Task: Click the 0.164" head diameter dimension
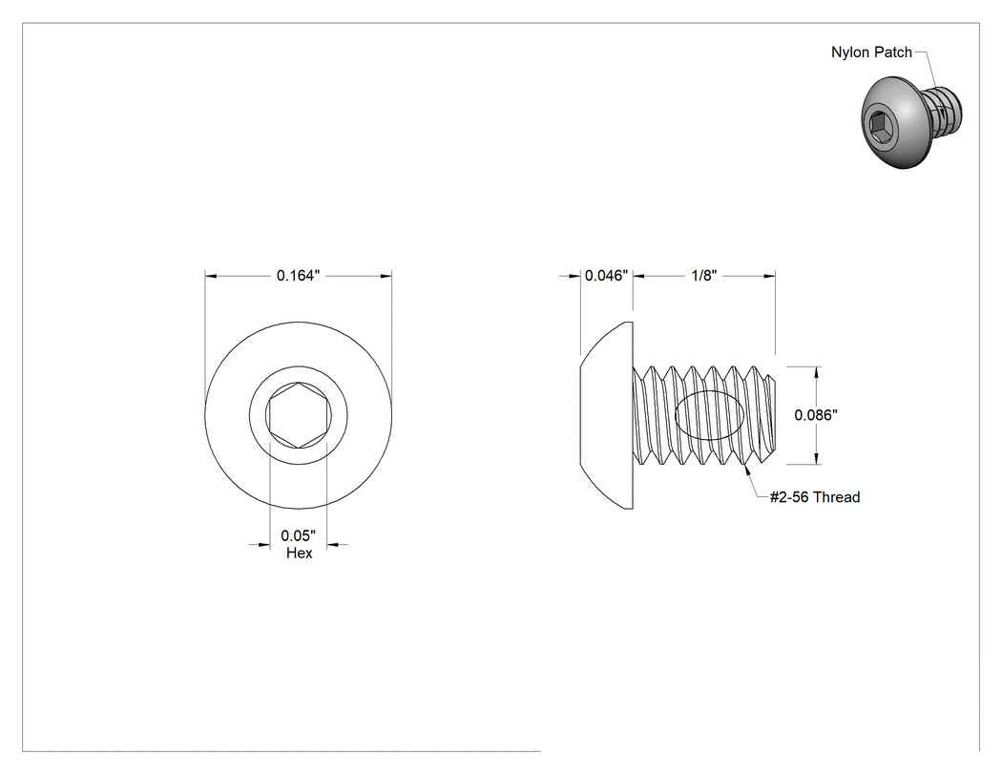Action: pyautogui.click(x=298, y=276)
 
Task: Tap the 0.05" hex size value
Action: pyautogui.click(x=298, y=535)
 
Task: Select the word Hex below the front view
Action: pyautogui.click(x=299, y=553)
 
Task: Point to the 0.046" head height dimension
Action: pyautogui.click(x=606, y=276)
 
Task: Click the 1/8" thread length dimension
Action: pyautogui.click(x=704, y=276)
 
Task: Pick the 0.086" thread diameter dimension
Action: pyautogui.click(x=816, y=415)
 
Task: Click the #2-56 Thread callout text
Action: pyautogui.click(x=815, y=497)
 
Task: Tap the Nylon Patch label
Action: pyautogui.click(x=871, y=52)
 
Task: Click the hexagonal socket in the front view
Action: pyautogui.click(x=299, y=415)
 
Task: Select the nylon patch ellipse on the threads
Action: pyautogui.click(x=710, y=415)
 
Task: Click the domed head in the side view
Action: pyautogui.click(x=606, y=415)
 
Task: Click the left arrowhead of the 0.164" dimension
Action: pyautogui.click(x=212, y=276)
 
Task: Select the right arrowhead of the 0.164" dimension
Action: pyautogui.click(x=386, y=276)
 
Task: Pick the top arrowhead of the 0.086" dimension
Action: pyautogui.click(x=816, y=373)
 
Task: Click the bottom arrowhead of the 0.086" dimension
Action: pyautogui.click(x=816, y=457)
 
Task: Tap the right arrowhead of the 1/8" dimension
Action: pyautogui.click(x=769, y=276)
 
